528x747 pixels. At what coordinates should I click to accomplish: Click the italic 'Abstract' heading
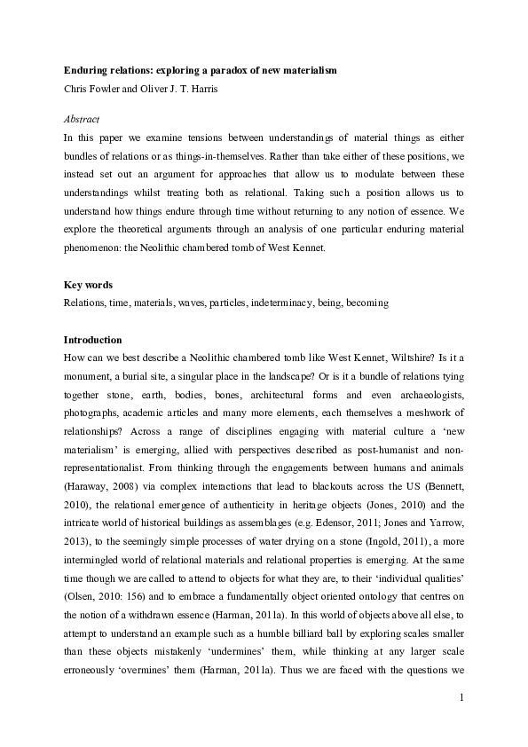(x=82, y=119)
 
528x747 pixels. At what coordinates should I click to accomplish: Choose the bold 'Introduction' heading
(x=92, y=340)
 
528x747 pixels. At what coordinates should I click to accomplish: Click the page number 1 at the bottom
(x=462, y=699)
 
